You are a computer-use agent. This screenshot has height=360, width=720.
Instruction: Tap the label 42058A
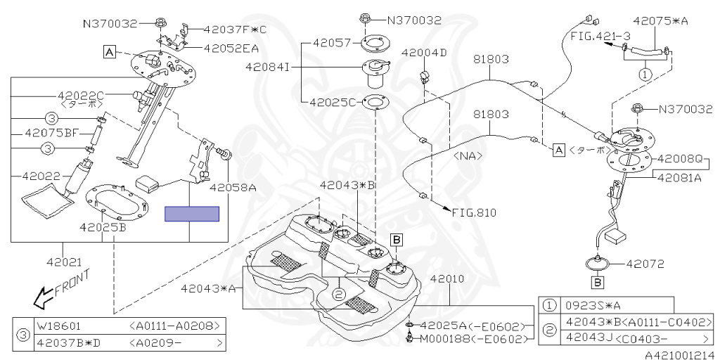233,188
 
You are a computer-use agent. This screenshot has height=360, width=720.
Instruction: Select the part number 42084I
268,67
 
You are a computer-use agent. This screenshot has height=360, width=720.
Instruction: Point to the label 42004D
424,53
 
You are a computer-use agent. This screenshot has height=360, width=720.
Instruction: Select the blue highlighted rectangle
192,214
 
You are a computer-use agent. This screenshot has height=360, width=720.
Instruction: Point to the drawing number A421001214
680,354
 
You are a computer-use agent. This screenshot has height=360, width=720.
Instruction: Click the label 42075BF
49,132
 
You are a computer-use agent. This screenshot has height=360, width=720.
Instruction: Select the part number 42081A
679,178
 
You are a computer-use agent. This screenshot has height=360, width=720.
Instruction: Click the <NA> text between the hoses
466,155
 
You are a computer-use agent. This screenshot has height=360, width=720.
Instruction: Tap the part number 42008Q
679,159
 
